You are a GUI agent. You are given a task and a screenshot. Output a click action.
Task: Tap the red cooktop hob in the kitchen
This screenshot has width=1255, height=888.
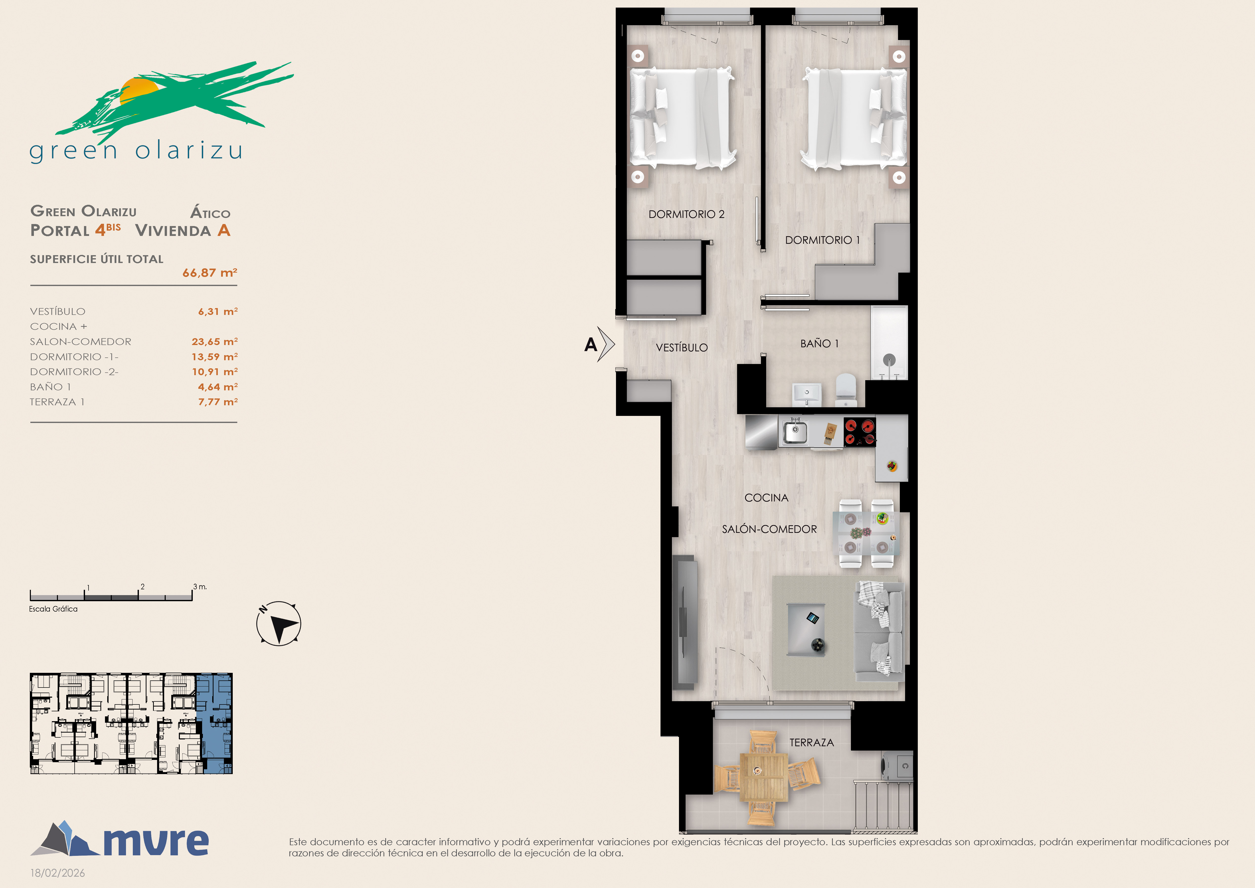pyautogui.click(x=860, y=432)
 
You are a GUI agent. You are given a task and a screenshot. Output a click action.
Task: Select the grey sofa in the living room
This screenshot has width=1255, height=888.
pyautogui.click(x=879, y=632)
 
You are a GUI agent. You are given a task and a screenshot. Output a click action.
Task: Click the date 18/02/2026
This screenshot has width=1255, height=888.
pyautogui.click(x=57, y=873)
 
